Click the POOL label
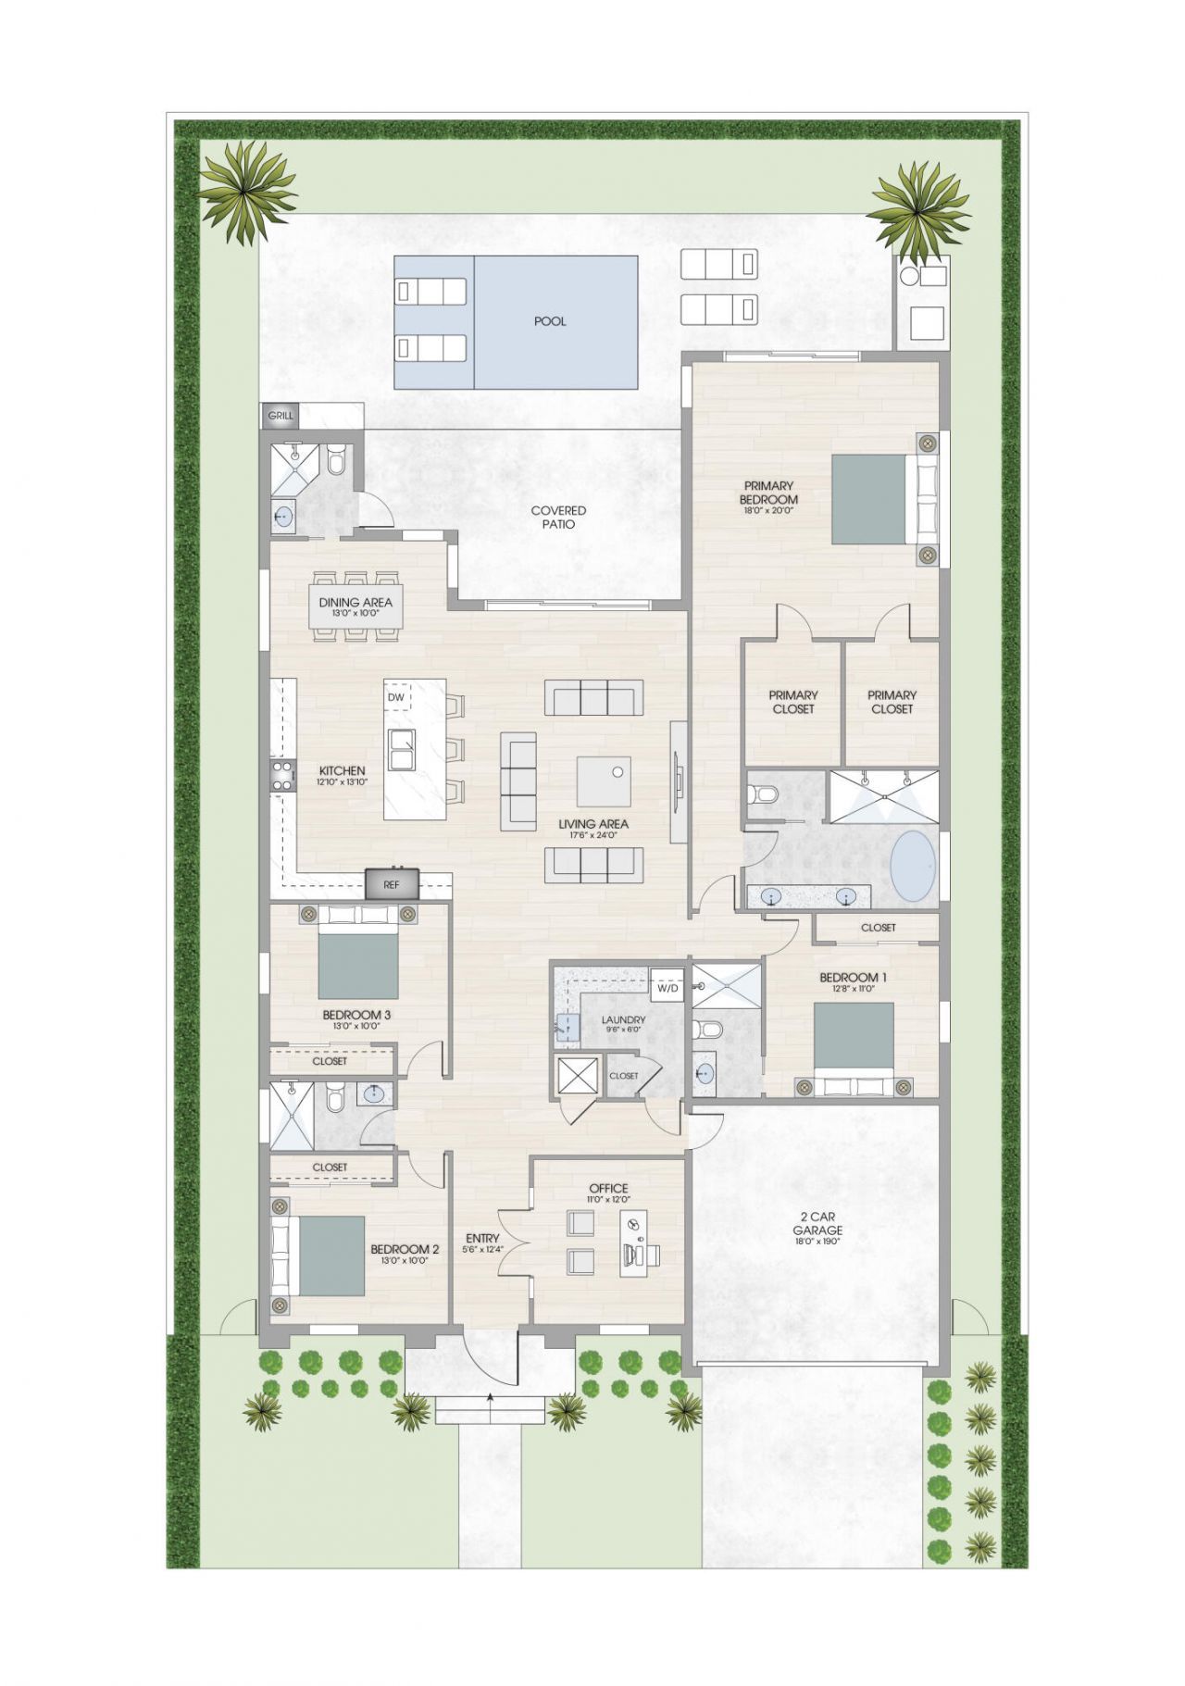[x=550, y=321]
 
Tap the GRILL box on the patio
[x=281, y=416]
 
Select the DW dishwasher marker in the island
[x=396, y=697]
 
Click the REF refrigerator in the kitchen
[x=392, y=884]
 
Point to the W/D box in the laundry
[x=667, y=988]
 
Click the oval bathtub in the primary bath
[x=913, y=867]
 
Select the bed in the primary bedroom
[x=870, y=499]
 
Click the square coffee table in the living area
[x=604, y=781]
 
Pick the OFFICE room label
[x=608, y=1188]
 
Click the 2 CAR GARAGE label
[x=817, y=1224]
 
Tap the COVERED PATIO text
[x=558, y=517]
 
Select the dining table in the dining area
[x=356, y=606]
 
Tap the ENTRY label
[x=482, y=1238]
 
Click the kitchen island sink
[x=403, y=749]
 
